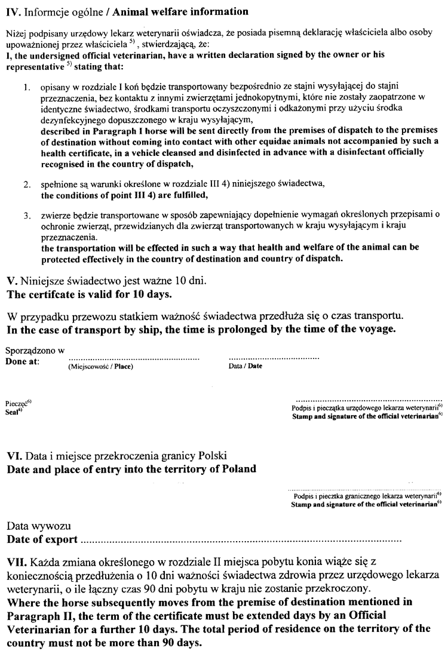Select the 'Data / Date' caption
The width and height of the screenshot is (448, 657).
click(246, 367)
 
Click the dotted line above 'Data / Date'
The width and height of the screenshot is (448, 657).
click(274, 359)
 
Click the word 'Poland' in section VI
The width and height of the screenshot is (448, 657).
click(235, 469)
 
